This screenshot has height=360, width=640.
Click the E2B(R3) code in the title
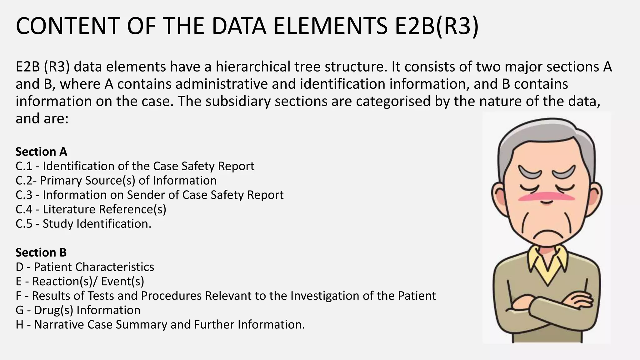click(437, 26)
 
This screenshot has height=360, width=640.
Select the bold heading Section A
click(41, 152)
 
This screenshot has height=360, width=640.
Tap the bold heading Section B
click(41, 252)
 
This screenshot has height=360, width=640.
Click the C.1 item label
click(24, 166)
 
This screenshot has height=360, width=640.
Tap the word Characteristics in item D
click(115, 267)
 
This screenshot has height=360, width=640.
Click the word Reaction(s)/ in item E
click(65, 281)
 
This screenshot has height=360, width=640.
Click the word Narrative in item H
click(59, 324)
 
